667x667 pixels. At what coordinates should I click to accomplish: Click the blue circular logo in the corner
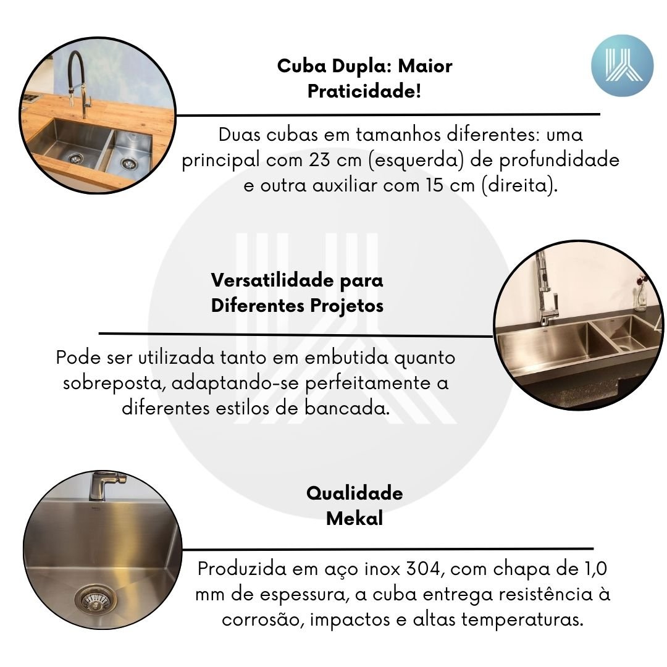pyautogui.click(x=622, y=65)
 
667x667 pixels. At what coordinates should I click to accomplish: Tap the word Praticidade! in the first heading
pyautogui.click(x=364, y=91)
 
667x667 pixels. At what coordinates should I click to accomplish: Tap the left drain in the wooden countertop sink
pyautogui.click(x=75, y=158)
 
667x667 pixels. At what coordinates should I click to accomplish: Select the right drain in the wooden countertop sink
pyautogui.click(x=128, y=163)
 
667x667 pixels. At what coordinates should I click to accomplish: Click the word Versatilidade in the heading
pyautogui.click(x=273, y=280)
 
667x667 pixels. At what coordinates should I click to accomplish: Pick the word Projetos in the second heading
pyautogui.click(x=346, y=306)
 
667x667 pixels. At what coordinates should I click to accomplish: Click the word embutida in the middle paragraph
pyautogui.click(x=346, y=358)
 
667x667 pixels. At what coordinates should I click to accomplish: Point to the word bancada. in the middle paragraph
pyautogui.click(x=347, y=408)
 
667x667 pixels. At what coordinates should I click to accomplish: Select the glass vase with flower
pyautogui.click(x=641, y=292)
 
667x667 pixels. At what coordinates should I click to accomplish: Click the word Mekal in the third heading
pyautogui.click(x=354, y=519)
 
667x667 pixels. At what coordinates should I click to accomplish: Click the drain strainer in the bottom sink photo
pyautogui.click(x=93, y=600)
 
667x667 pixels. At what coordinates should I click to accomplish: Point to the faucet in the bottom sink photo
pyautogui.click(x=106, y=485)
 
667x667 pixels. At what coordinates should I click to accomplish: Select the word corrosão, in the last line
pyautogui.click(x=263, y=620)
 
